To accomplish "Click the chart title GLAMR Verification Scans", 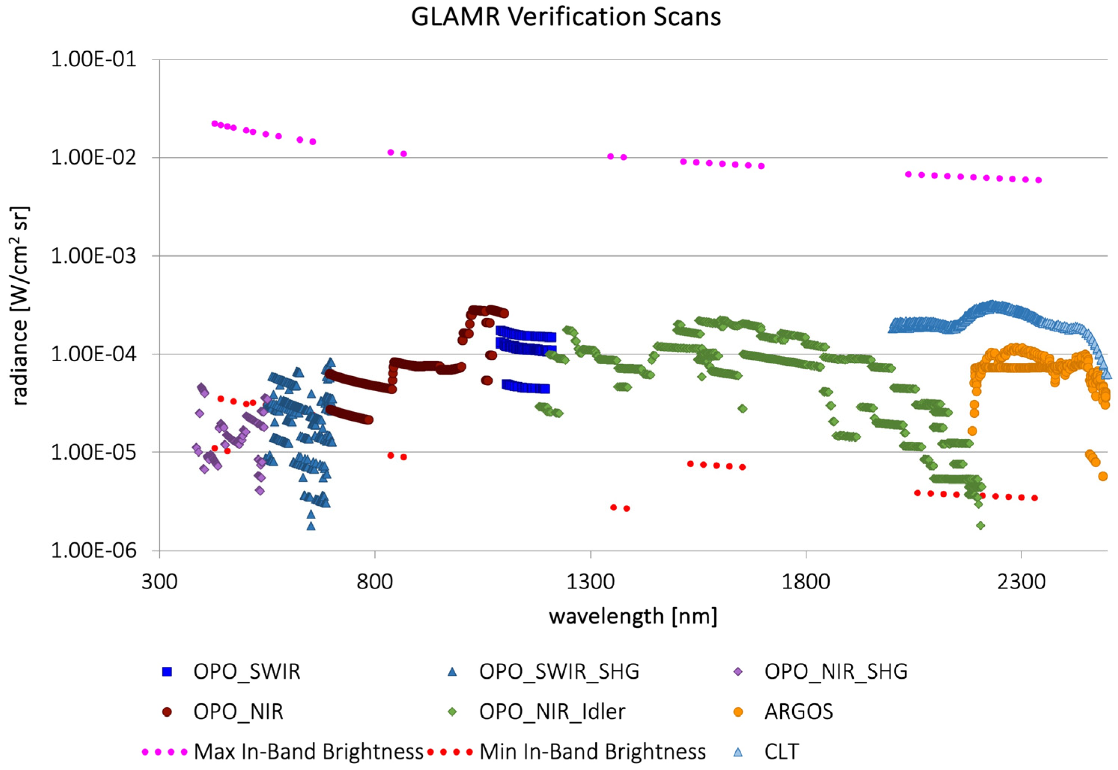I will [x=565, y=17].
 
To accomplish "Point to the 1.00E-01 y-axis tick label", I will [x=94, y=60].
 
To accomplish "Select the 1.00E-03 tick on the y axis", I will [x=94, y=256].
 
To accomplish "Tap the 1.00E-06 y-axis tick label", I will [x=94, y=551].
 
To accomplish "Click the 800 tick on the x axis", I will [x=374, y=582].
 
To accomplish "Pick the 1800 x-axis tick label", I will [x=805, y=582].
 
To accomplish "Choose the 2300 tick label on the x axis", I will [x=1021, y=582].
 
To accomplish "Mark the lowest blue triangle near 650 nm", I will [x=311, y=526].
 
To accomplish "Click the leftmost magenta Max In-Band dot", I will [x=215, y=124].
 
